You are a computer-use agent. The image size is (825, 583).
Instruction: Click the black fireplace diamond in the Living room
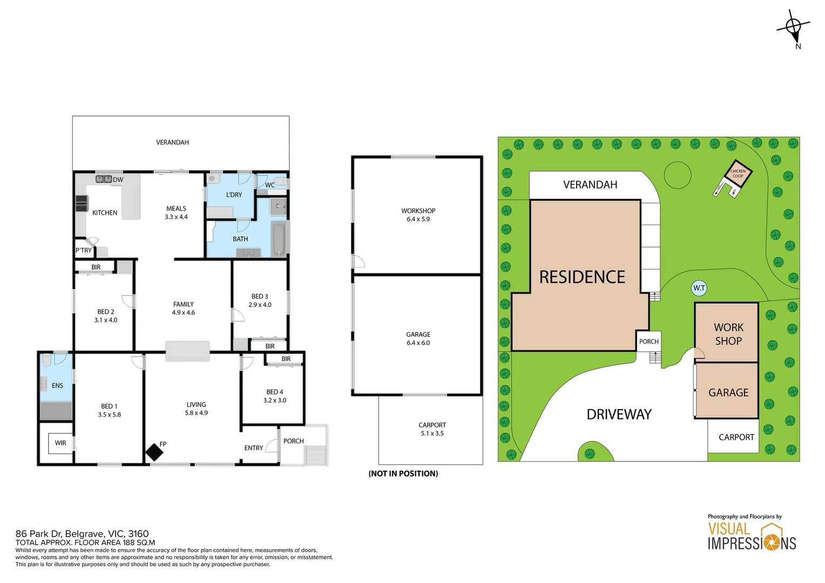coord(154,452)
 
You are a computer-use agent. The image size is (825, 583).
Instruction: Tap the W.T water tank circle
coord(699,288)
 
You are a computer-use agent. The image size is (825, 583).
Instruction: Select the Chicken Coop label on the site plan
coord(738,173)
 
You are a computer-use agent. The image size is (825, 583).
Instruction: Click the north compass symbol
coord(794,29)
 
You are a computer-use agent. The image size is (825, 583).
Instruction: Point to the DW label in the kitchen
coord(118,180)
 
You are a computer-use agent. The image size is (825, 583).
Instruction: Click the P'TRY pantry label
coord(84,250)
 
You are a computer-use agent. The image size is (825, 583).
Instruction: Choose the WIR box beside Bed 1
coord(60,443)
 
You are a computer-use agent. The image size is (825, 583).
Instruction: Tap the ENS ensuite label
coord(57,385)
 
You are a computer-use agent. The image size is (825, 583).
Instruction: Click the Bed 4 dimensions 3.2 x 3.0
coord(275,401)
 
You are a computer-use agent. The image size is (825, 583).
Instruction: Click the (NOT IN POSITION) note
coord(403,473)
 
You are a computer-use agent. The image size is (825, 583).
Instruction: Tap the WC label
coord(270,185)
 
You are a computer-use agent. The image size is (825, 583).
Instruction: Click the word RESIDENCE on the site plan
coord(582,277)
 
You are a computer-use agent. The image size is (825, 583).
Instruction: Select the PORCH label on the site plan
coord(649,341)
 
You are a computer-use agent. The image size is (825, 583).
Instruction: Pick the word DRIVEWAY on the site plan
coord(619,415)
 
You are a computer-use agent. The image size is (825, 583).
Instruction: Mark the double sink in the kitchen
coord(104,179)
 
